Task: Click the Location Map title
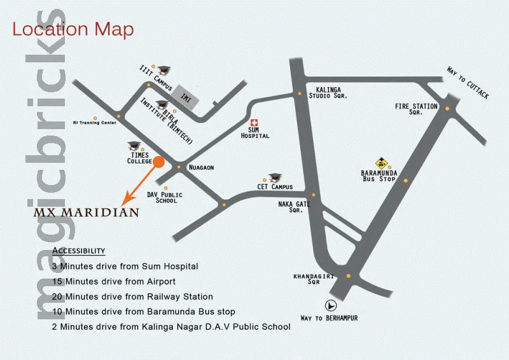pos(73,29)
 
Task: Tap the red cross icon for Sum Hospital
pos(254,122)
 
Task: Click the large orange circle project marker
pos(159,162)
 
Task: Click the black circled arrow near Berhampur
pos(330,304)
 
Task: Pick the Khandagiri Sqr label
pos(306,280)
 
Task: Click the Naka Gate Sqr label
pos(295,207)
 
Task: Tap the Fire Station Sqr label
pos(416,109)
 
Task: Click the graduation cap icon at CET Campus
pos(275,177)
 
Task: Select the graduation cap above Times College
pos(134,145)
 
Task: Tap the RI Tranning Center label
pos(95,123)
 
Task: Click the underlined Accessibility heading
pos(79,251)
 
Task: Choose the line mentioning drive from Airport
pos(114,281)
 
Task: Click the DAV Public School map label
pos(165,198)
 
